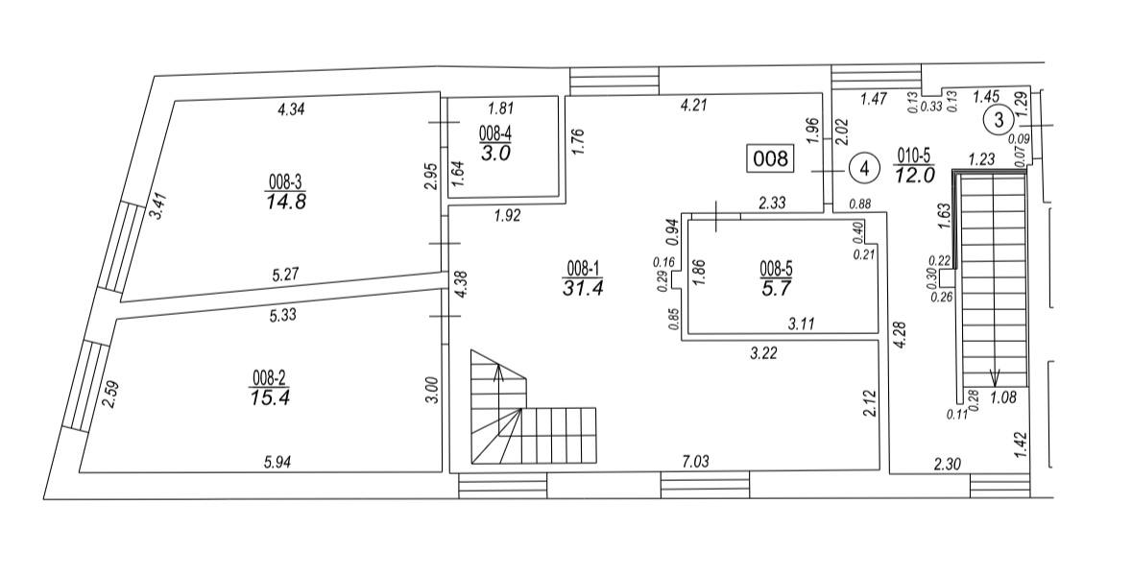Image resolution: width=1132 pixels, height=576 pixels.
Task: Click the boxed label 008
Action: click(770, 158)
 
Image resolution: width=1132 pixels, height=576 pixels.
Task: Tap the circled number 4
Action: click(864, 169)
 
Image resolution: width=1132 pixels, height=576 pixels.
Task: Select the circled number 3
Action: click(1000, 121)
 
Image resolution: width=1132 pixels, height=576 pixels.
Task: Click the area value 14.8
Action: click(287, 201)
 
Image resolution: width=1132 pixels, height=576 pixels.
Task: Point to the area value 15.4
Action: click(270, 397)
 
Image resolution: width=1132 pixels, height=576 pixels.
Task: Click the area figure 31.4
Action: click(583, 287)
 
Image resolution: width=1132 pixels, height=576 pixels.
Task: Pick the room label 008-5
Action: click(776, 270)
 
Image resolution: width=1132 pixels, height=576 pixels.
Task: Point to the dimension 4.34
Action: click(293, 109)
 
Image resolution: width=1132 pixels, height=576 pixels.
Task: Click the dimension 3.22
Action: click(764, 353)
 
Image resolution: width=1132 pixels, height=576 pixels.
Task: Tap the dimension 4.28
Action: click(901, 335)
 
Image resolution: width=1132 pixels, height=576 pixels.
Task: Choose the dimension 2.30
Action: click(947, 466)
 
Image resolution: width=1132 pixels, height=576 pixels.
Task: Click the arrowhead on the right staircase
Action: click(994, 376)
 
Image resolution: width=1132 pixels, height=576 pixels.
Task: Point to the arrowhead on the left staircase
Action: click(498, 372)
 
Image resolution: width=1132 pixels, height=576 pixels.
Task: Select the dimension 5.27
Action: click(287, 275)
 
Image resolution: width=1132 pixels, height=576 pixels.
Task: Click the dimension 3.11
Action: click(802, 324)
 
